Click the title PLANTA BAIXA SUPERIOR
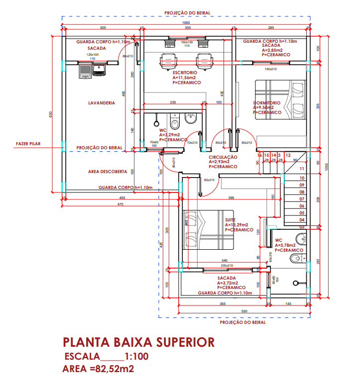139,342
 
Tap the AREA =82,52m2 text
98,369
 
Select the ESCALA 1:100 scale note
107,357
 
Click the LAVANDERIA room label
102,103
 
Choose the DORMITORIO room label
266,103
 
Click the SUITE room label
230,219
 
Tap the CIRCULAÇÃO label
223,157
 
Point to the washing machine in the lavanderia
85,72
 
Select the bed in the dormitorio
280,99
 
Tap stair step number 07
301,199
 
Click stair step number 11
301,169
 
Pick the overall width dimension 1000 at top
186,23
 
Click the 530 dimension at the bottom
244,311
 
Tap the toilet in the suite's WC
297,258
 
